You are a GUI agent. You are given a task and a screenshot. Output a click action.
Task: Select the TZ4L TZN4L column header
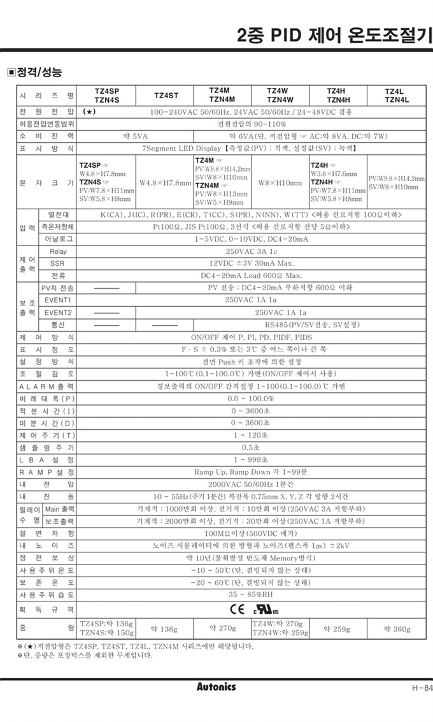[397, 95]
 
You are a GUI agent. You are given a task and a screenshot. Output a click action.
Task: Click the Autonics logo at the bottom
[216, 687]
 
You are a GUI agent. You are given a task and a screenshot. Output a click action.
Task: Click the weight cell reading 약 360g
[397, 629]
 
